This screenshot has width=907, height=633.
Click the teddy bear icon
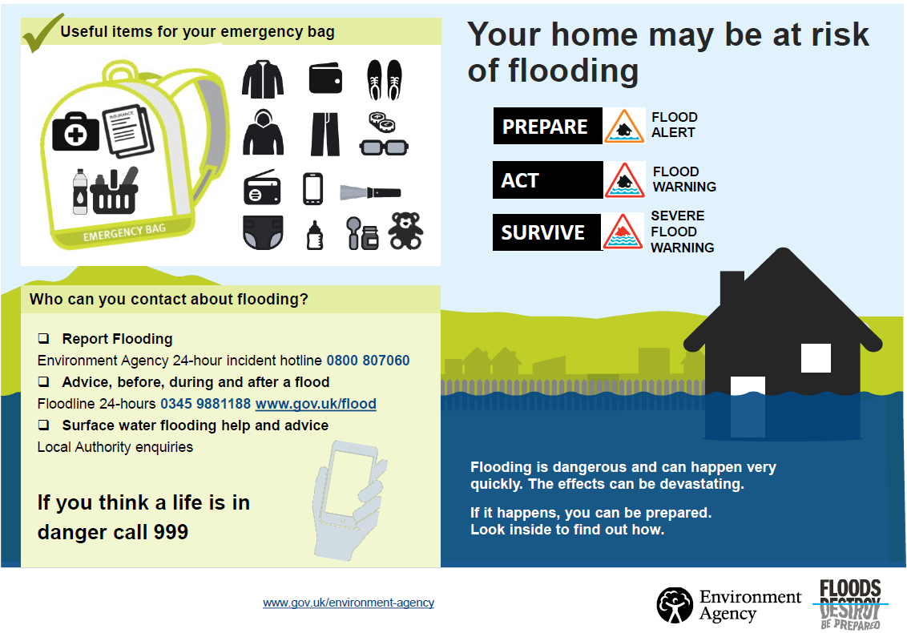click(x=405, y=231)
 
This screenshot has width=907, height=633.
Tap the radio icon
click(x=262, y=190)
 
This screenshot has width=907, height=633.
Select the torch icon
click(x=370, y=192)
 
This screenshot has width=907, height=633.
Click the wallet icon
click(x=326, y=79)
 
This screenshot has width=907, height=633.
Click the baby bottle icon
click(x=315, y=235)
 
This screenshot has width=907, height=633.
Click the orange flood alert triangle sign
click(x=624, y=127)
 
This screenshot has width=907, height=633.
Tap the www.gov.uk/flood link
click(x=316, y=404)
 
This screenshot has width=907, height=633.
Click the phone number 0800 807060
click(x=368, y=361)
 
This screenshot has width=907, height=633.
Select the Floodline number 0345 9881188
click(x=205, y=404)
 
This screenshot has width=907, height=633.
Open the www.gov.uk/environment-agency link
click(x=349, y=603)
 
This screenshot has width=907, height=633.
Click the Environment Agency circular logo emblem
click(x=675, y=605)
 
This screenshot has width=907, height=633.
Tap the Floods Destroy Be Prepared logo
click(x=849, y=603)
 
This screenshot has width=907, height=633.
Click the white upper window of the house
click(x=816, y=357)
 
